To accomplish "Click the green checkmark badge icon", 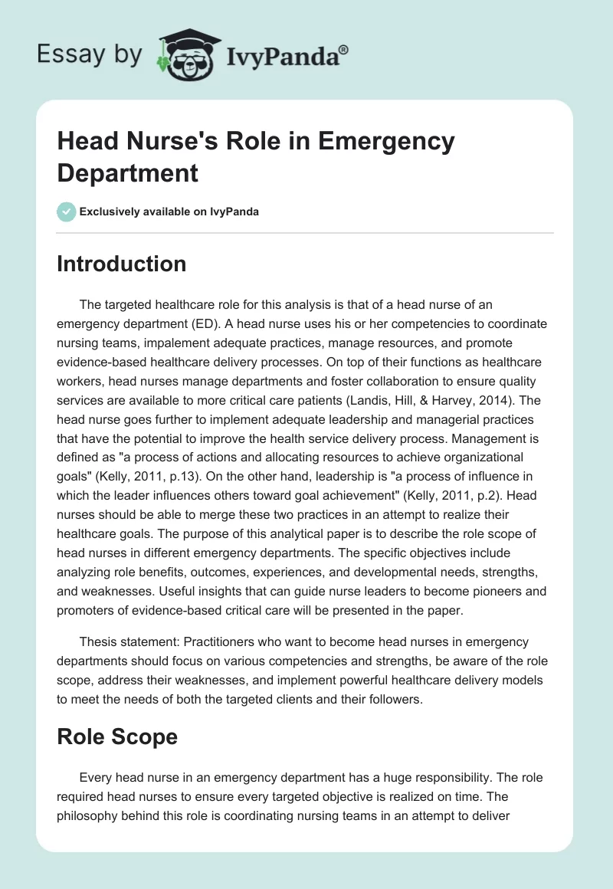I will pos(67,212).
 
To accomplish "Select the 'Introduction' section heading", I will pos(122,264).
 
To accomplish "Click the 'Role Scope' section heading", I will pos(117,737).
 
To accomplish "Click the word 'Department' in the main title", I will pos(128,173).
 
